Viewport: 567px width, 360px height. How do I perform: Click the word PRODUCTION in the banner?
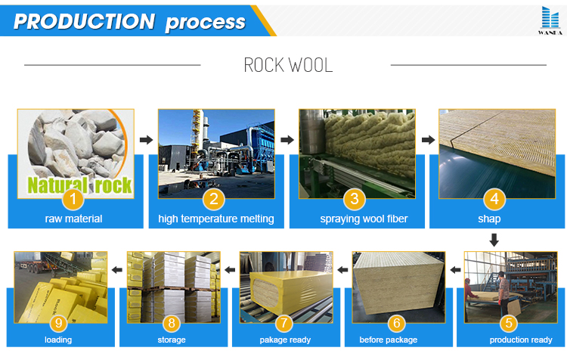coord(84,21)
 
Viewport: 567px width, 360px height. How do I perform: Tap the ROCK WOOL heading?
coord(288,65)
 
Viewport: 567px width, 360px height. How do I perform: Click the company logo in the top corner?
coord(550,20)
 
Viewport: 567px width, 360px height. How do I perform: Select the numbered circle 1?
coord(73,199)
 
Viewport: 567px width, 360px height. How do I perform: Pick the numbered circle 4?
coord(494,199)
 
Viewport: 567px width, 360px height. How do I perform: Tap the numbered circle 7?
coord(284,323)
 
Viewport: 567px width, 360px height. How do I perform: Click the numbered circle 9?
coord(58,323)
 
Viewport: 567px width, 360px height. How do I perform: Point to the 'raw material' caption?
coord(73,219)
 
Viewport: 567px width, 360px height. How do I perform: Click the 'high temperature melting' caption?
coord(216,219)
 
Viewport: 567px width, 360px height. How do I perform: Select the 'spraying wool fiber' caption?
coord(364,219)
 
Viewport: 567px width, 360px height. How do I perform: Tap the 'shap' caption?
coord(489,219)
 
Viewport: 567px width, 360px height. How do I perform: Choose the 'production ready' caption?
coord(521,340)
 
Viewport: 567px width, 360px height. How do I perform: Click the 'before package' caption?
coord(389,340)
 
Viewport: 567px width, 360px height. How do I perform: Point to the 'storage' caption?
coord(172,340)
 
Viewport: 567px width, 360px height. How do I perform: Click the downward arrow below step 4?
coord(494,240)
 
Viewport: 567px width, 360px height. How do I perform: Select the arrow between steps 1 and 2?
coord(146,140)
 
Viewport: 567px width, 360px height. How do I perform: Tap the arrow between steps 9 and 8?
coord(116,270)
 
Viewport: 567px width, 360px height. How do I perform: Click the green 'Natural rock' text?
coord(79,185)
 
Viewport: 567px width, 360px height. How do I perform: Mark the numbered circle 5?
coord(509,323)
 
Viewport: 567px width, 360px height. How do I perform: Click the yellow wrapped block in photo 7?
coord(291,290)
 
